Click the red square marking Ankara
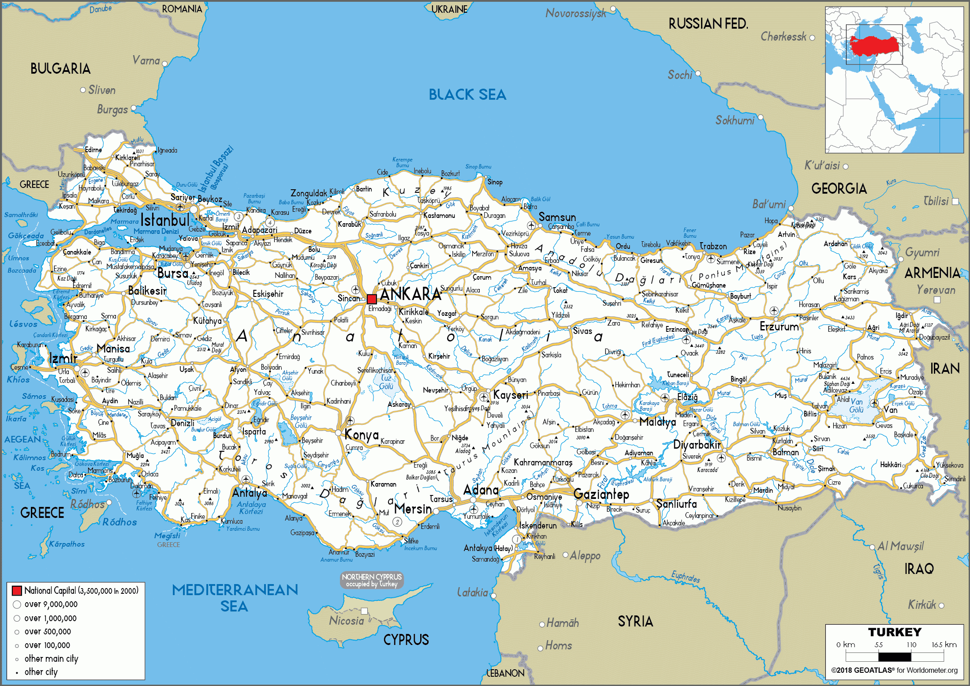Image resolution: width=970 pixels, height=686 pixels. (372, 299)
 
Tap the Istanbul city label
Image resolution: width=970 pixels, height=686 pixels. (165, 220)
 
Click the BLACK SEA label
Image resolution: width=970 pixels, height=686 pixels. (467, 94)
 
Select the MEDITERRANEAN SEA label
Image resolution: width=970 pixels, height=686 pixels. (235, 598)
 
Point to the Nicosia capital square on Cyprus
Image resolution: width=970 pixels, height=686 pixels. (364, 611)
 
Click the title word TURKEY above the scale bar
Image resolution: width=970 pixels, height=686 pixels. (895, 632)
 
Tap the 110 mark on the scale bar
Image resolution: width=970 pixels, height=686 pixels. (911, 645)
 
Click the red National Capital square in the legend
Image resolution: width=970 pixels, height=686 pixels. (17, 591)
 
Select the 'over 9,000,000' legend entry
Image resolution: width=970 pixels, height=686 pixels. (51, 604)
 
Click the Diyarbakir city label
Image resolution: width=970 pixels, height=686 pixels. (697, 445)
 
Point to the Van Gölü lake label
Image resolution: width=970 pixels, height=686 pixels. (857, 406)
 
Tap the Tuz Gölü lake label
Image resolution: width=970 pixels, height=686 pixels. (386, 382)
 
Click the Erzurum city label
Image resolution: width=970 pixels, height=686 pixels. (779, 327)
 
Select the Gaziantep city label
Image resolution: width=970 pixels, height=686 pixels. (601, 495)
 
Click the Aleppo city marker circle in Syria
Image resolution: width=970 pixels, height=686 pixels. (566, 555)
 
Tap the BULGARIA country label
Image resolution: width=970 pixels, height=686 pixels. (60, 69)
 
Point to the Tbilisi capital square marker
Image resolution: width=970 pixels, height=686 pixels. (955, 202)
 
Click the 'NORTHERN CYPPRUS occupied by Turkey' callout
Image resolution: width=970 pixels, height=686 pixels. (372, 580)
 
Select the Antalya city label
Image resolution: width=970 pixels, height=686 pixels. (250, 493)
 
